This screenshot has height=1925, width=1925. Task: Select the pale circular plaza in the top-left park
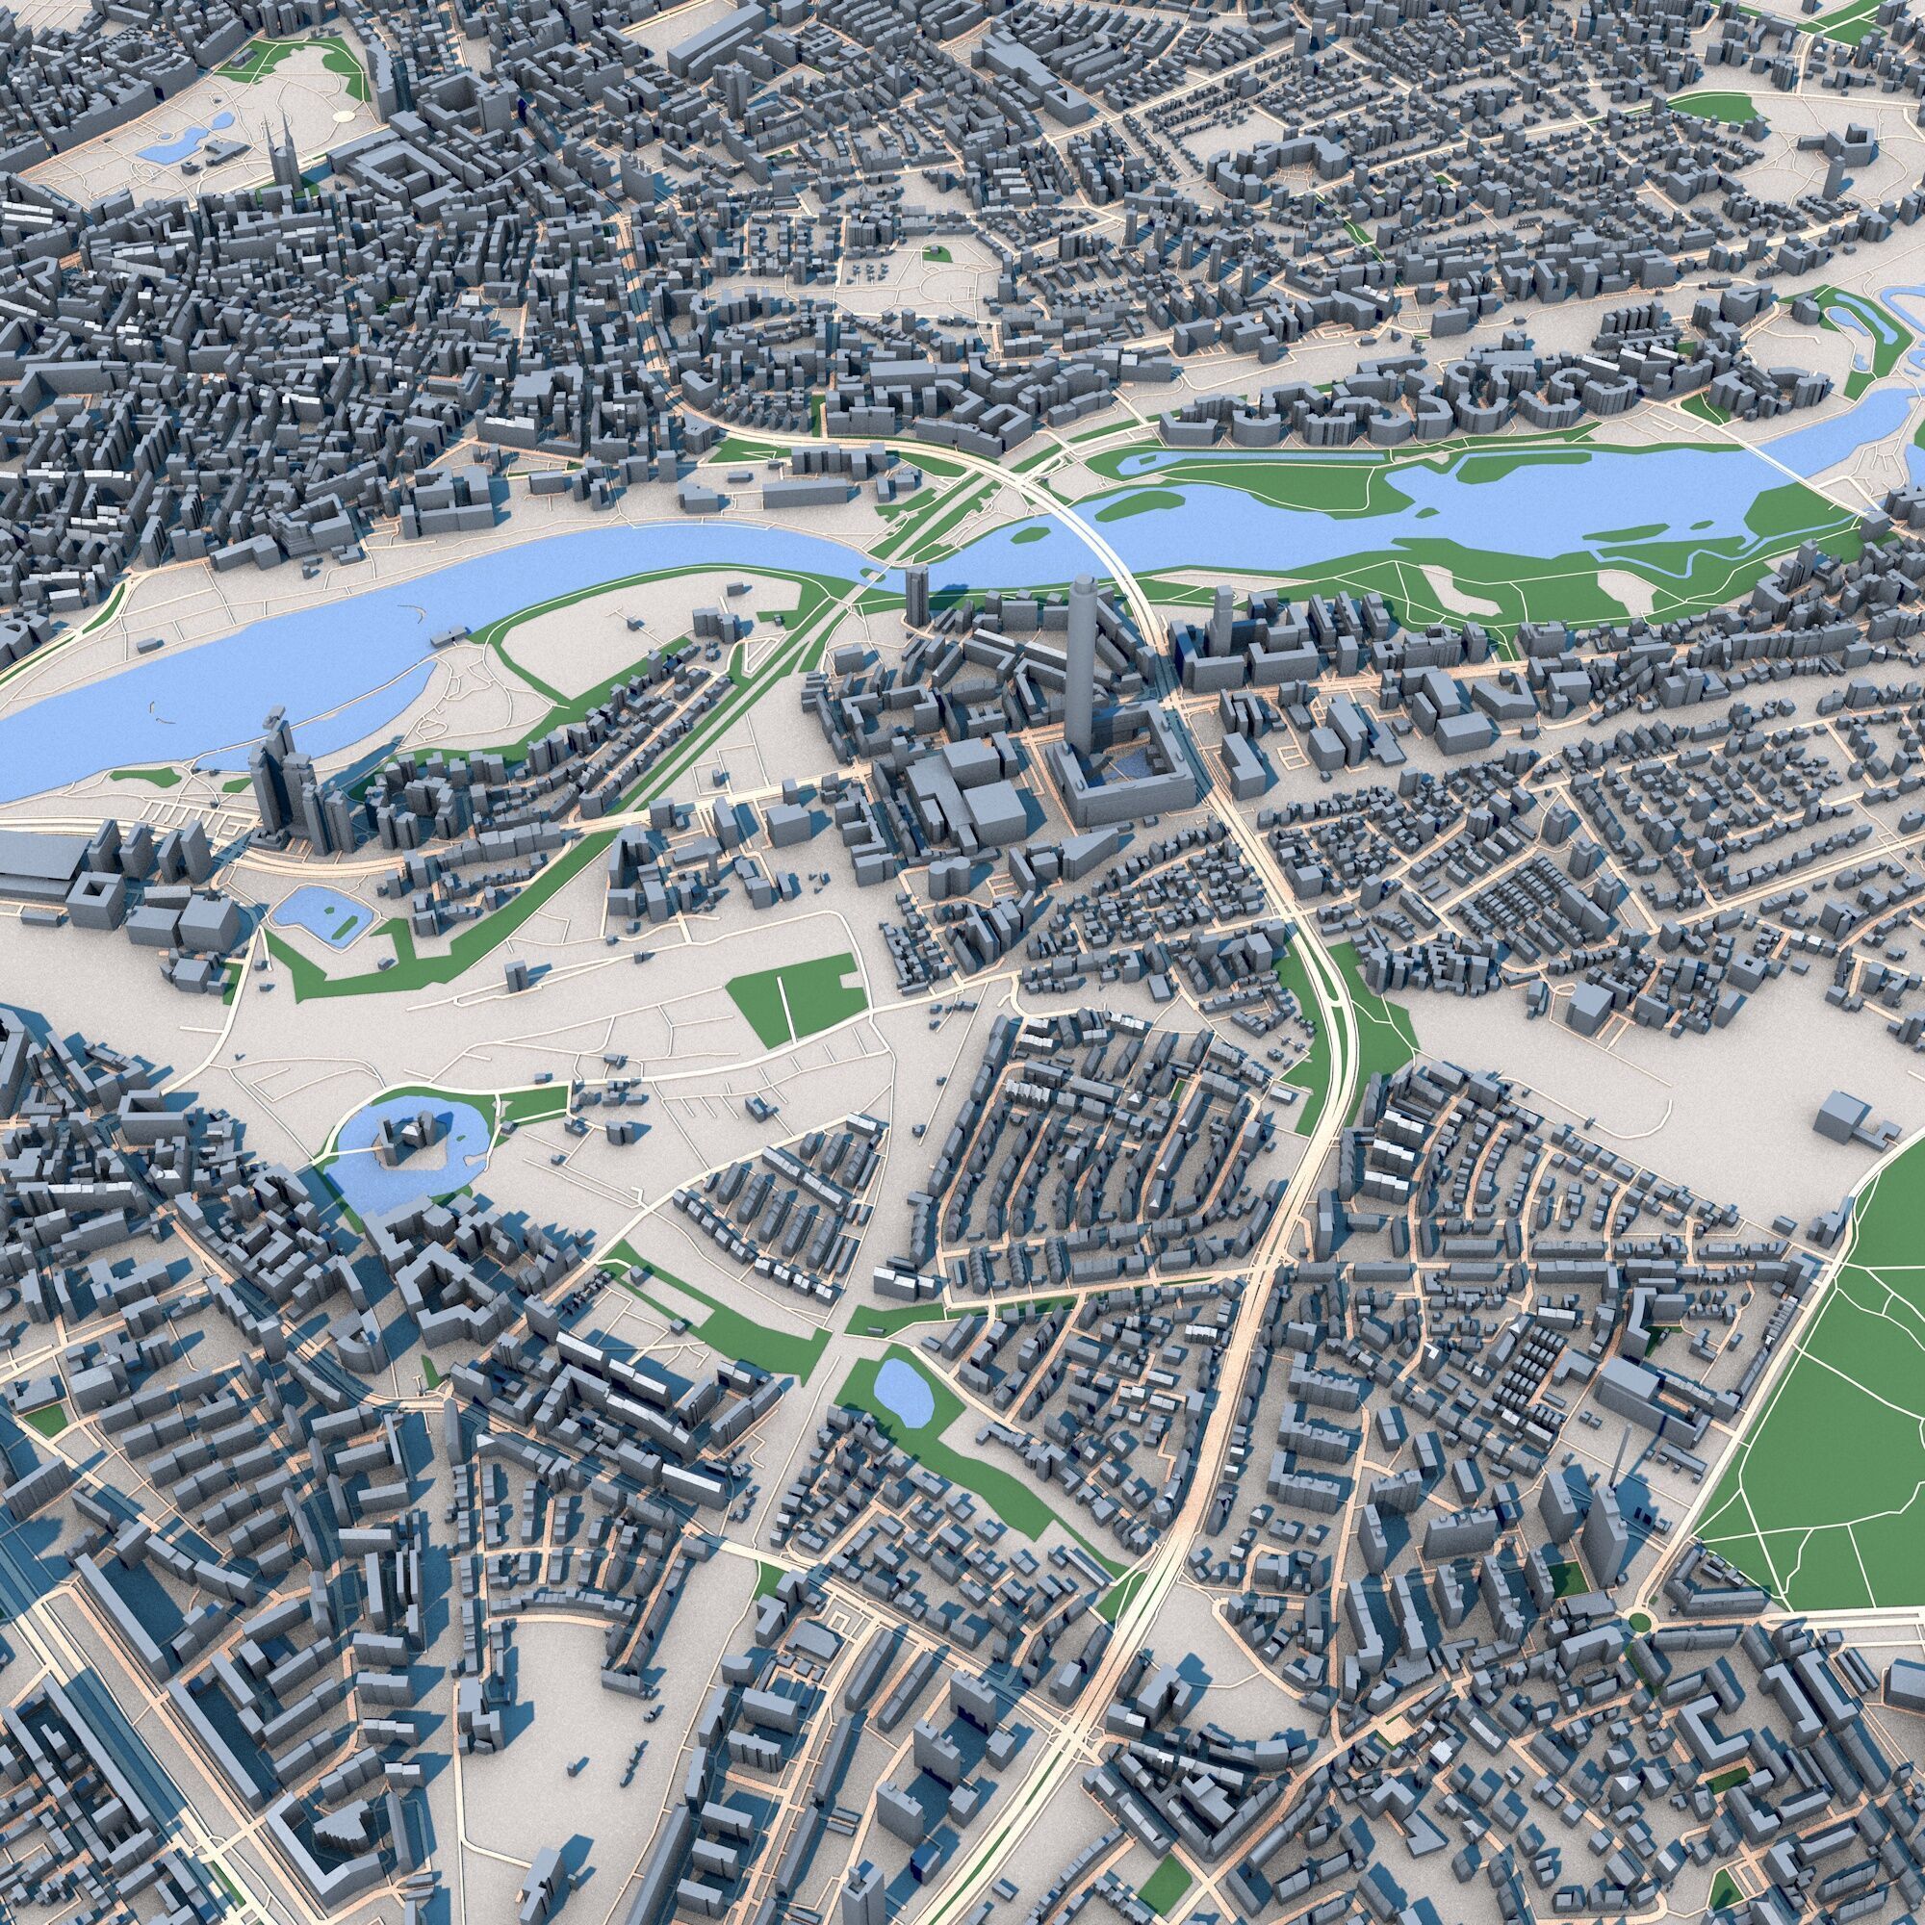(x=343, y=115)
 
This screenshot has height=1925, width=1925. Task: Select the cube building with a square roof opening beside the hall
(x=97, y=902)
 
